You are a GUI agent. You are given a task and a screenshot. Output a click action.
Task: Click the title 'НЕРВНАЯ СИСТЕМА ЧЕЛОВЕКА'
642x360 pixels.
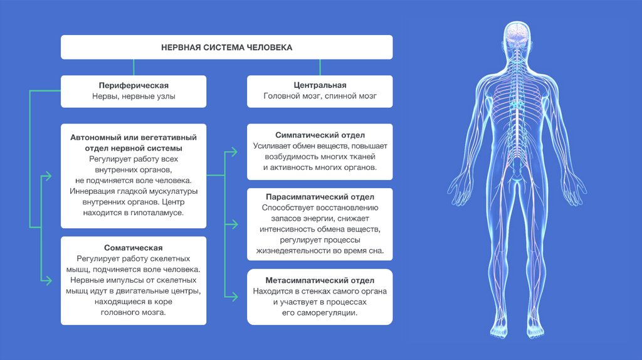coord(226,47)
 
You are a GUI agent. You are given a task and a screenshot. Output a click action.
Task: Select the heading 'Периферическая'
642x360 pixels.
coord(134,85)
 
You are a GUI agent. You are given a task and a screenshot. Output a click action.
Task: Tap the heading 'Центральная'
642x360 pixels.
coord(320,85)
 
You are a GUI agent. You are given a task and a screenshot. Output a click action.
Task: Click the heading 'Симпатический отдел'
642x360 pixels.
coord(320,135)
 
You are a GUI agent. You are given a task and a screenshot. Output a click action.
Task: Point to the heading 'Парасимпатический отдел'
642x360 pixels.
coord(320,196)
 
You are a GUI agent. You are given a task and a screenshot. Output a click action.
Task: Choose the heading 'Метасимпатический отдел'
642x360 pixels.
coord(320,280)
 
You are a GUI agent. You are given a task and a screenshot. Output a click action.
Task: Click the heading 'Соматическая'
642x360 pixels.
coord(134,248)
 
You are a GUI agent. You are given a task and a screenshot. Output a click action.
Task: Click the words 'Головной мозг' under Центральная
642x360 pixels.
coord(289,97)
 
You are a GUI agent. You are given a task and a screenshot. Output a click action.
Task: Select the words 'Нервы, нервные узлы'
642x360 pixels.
coord(134,97)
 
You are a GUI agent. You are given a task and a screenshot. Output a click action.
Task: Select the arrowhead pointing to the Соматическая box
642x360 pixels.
coord(48,280)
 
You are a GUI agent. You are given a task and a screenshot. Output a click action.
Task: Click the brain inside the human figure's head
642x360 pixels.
coord(517,32)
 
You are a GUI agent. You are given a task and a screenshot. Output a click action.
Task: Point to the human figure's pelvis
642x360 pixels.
coord(517,172)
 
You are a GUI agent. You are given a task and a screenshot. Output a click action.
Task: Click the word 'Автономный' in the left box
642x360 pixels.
coord(94,137)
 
